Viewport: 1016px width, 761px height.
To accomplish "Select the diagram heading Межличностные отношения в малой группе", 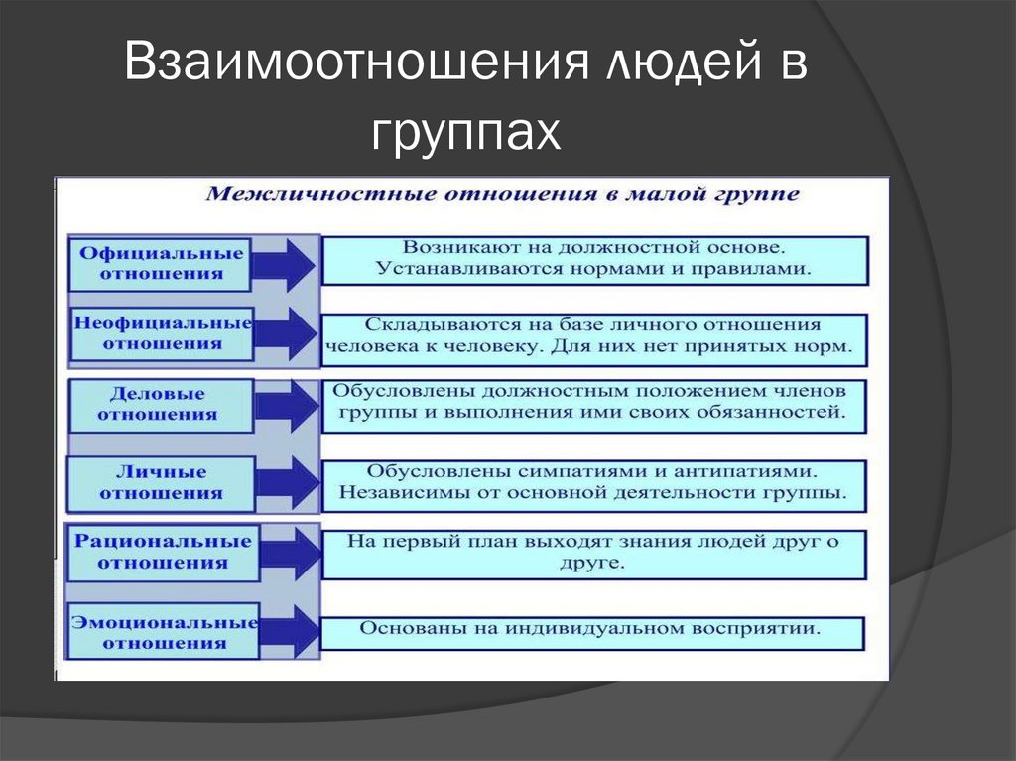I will click(x=501, y=194).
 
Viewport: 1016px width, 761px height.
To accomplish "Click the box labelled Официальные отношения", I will click(x=161, y=263).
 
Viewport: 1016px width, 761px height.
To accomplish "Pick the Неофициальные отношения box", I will click(x=162, y=333).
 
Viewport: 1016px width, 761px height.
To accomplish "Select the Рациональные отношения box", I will click(x=162, y=553).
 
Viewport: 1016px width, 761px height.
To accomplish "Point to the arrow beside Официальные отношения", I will click(x=285, y=264).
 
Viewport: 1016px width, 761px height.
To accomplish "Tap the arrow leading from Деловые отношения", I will click(x=285, y=405).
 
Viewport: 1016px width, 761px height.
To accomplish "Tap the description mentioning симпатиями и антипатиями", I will click(x=593, y=480).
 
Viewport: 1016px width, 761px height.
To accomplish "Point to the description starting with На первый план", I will click(x=593, y=553).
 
